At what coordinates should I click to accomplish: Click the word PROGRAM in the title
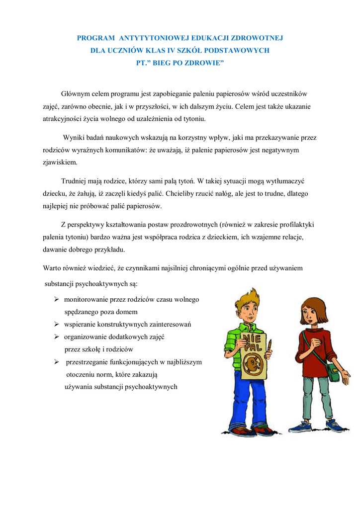coord(94,38)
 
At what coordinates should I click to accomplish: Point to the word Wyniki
coord(73,138)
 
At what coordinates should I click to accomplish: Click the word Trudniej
coord(75,181)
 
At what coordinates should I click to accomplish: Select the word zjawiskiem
coord(60,162)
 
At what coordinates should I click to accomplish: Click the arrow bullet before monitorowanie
coord(57,299)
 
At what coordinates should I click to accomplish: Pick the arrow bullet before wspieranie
coord(57,324)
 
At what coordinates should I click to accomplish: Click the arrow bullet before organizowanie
coord(57,337)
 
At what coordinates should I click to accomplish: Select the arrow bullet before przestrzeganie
coord(57,362)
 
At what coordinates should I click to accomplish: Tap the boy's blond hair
coord(247,298)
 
